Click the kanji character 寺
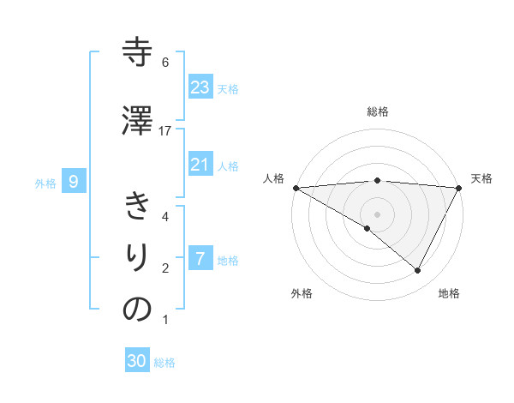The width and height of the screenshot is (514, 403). (x=137, y=52)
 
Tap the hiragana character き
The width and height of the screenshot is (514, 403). (x=137, y=207)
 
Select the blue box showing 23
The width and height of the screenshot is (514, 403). (x=200, y=87)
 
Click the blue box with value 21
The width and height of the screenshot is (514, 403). (x=200, y=165)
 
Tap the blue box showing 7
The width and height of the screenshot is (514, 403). (x=200, y=259)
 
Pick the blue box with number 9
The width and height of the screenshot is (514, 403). (x=74, y=181)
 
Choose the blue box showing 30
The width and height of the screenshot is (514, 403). (x=137, y=361)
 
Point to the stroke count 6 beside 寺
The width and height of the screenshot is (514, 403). (x=165, y=63)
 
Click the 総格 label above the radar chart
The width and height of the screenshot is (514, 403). (x=377, y=111)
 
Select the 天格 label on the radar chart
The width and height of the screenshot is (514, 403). (x=481, y=178)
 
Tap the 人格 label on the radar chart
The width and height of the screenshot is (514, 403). (x=272, y=178)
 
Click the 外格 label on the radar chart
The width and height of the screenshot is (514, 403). (x=302, y=294)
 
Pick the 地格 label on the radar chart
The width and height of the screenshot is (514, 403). (x=449, y=294)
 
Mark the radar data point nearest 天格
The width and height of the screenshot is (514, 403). (x=459, y=188)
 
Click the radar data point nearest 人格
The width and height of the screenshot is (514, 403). (x=296, y=188)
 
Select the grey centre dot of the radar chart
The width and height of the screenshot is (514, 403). (x=377, y=214)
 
